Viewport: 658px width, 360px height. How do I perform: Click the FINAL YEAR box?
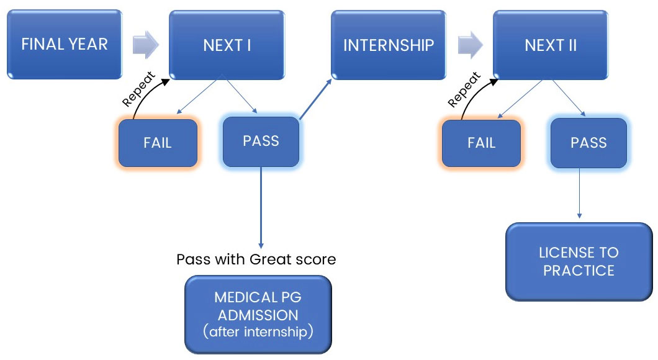[x=65, y=45]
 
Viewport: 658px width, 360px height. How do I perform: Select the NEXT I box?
[x=227, y=45]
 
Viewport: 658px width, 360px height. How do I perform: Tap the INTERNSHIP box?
[x=388, y=45]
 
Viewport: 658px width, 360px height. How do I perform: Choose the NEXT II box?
[x=549, y=45]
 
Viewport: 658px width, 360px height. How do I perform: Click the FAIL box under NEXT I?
[x=158, y=143]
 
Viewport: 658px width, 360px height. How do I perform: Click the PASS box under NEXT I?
[x=261, y=141]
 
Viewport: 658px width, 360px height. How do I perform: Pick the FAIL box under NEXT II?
[x=481, y=143]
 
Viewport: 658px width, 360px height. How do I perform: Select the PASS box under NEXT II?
[x=588, y=143]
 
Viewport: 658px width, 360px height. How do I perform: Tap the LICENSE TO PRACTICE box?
[x=579, y=261]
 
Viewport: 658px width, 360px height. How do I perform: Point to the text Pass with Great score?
[x=256, y=259]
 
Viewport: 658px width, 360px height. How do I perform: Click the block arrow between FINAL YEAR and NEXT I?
[x=146, y=45]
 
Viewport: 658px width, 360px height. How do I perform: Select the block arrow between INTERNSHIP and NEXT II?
[x=469, y=45]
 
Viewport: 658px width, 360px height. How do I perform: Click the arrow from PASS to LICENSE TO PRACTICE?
[x=579, y=192]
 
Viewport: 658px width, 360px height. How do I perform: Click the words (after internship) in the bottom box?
[x=257, y=332]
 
